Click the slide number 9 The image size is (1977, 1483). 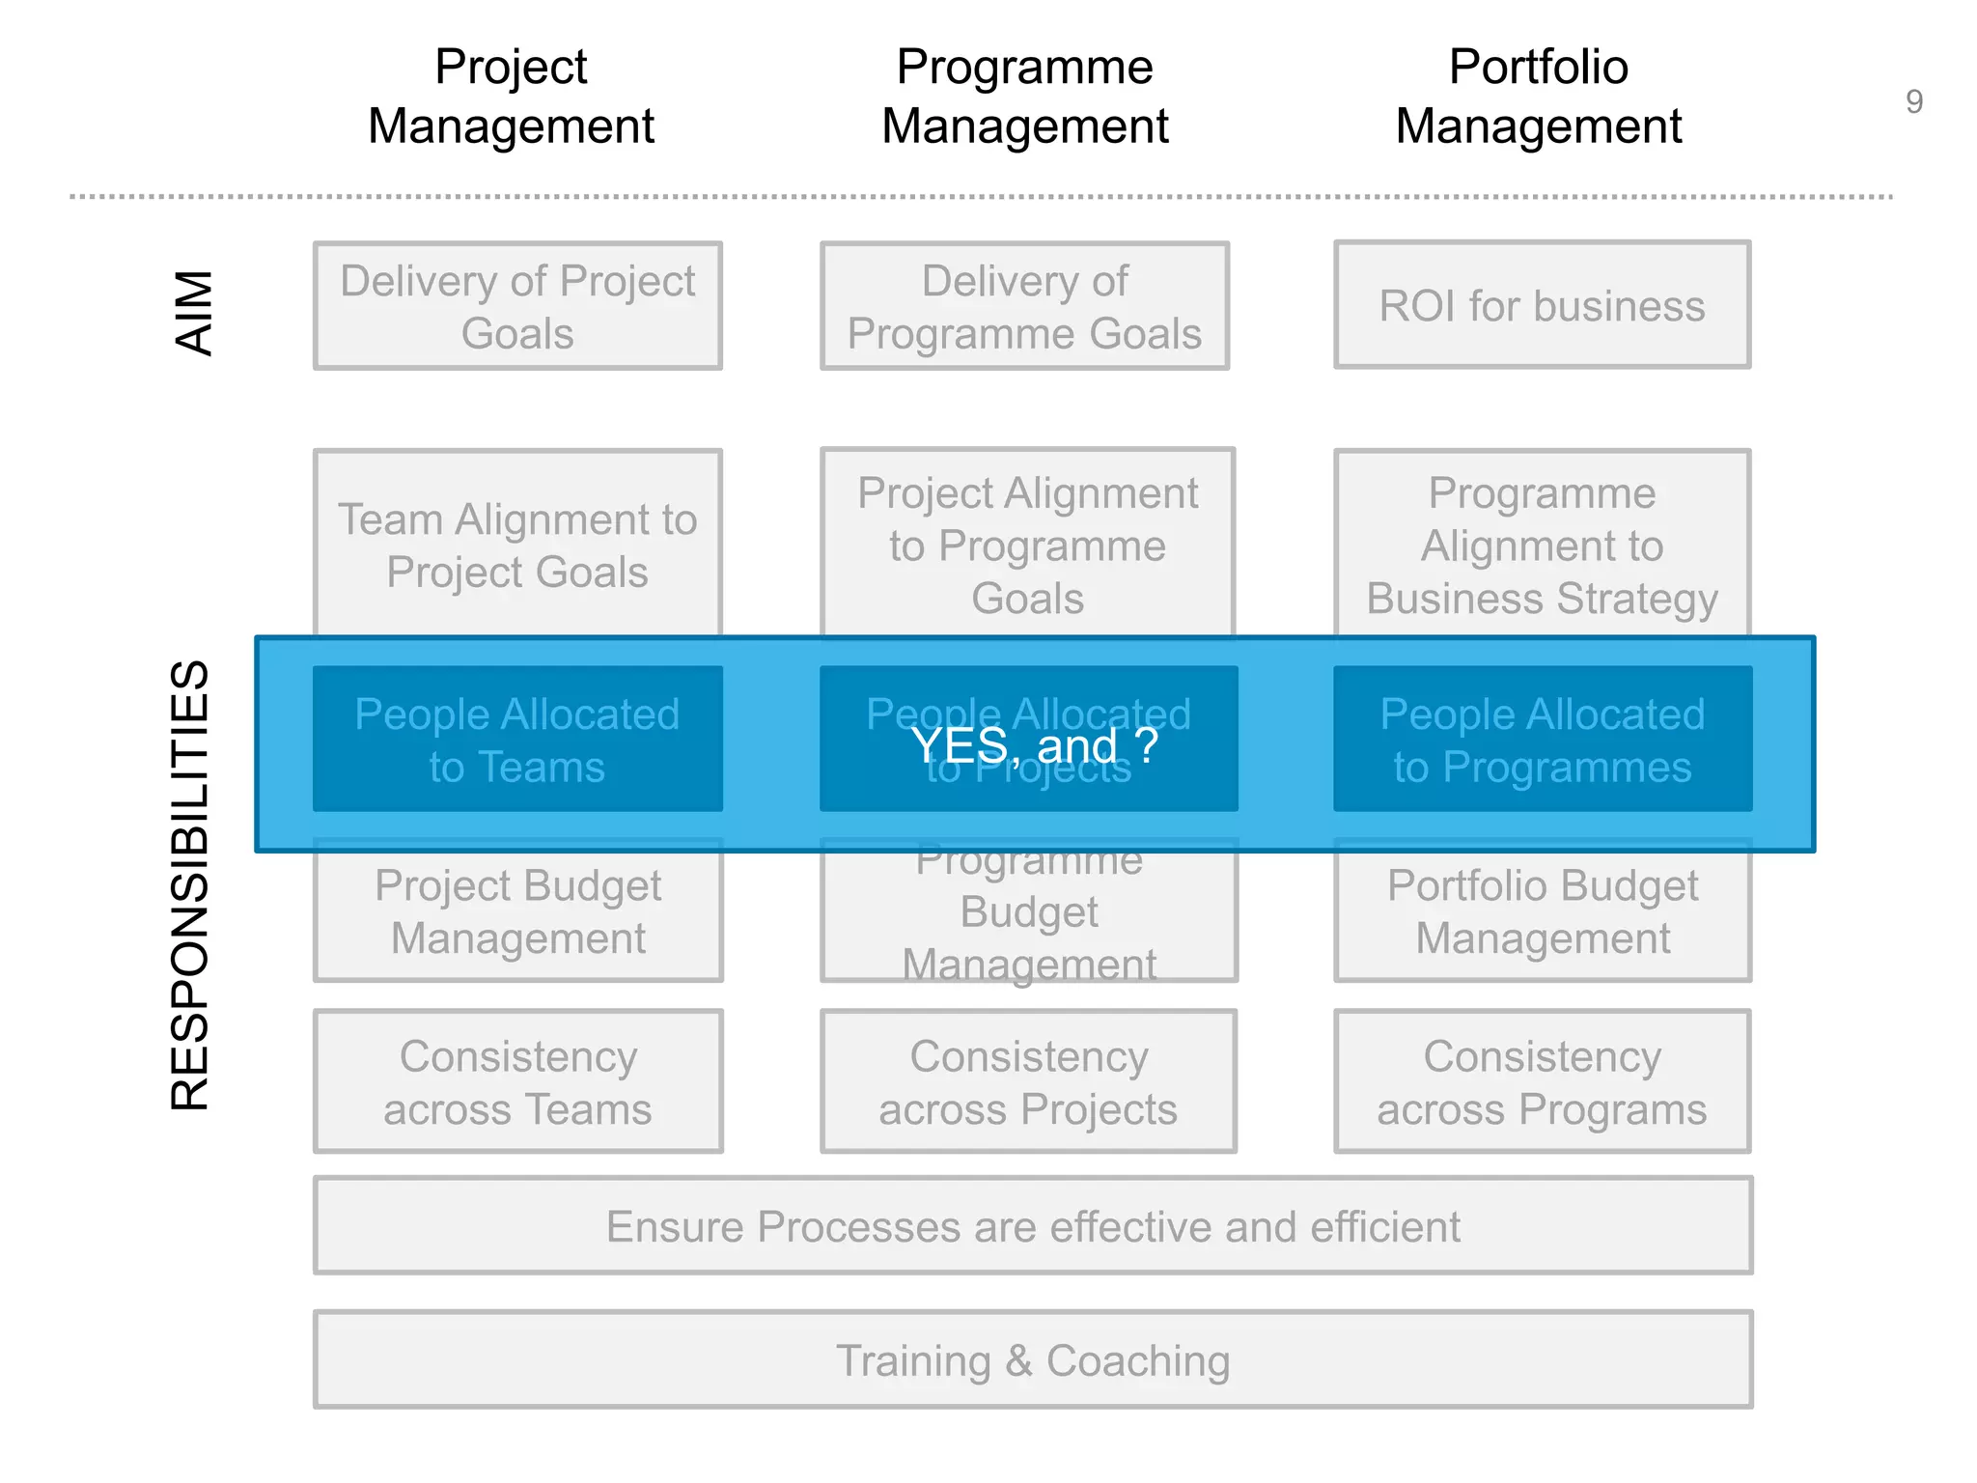(x=1913, y=101)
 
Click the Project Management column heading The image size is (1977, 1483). (x=511, y=97)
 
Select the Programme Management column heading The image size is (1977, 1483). (x=1024, y=97)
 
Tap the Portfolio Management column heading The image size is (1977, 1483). (x=1538, y=97)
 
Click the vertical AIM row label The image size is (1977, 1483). (x=193, y=313)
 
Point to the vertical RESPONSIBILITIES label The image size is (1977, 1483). (x=189, y=884)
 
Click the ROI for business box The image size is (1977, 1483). (x=1542, y=306)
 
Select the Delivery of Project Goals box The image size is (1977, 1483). (x=517, y=306)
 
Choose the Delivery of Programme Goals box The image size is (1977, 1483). (x=1024, y=306)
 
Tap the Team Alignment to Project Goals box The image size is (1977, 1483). (x=517, y=545)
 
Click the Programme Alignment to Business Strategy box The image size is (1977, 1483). (x=1542, y=545)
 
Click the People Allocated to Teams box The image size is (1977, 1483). (x=517, y=740)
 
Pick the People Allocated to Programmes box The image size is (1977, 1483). (x=1542, y=740)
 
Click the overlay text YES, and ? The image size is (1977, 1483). (x=1033, y=745)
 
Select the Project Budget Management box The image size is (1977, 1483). (x=517, y=911)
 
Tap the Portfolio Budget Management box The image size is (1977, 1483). (x=1542, y=911)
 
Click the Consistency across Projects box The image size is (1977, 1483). (x=1028, y=1082)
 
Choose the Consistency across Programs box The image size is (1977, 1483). (x=1542, y=1082)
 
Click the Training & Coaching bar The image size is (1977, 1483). (x=1033, y=1360)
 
